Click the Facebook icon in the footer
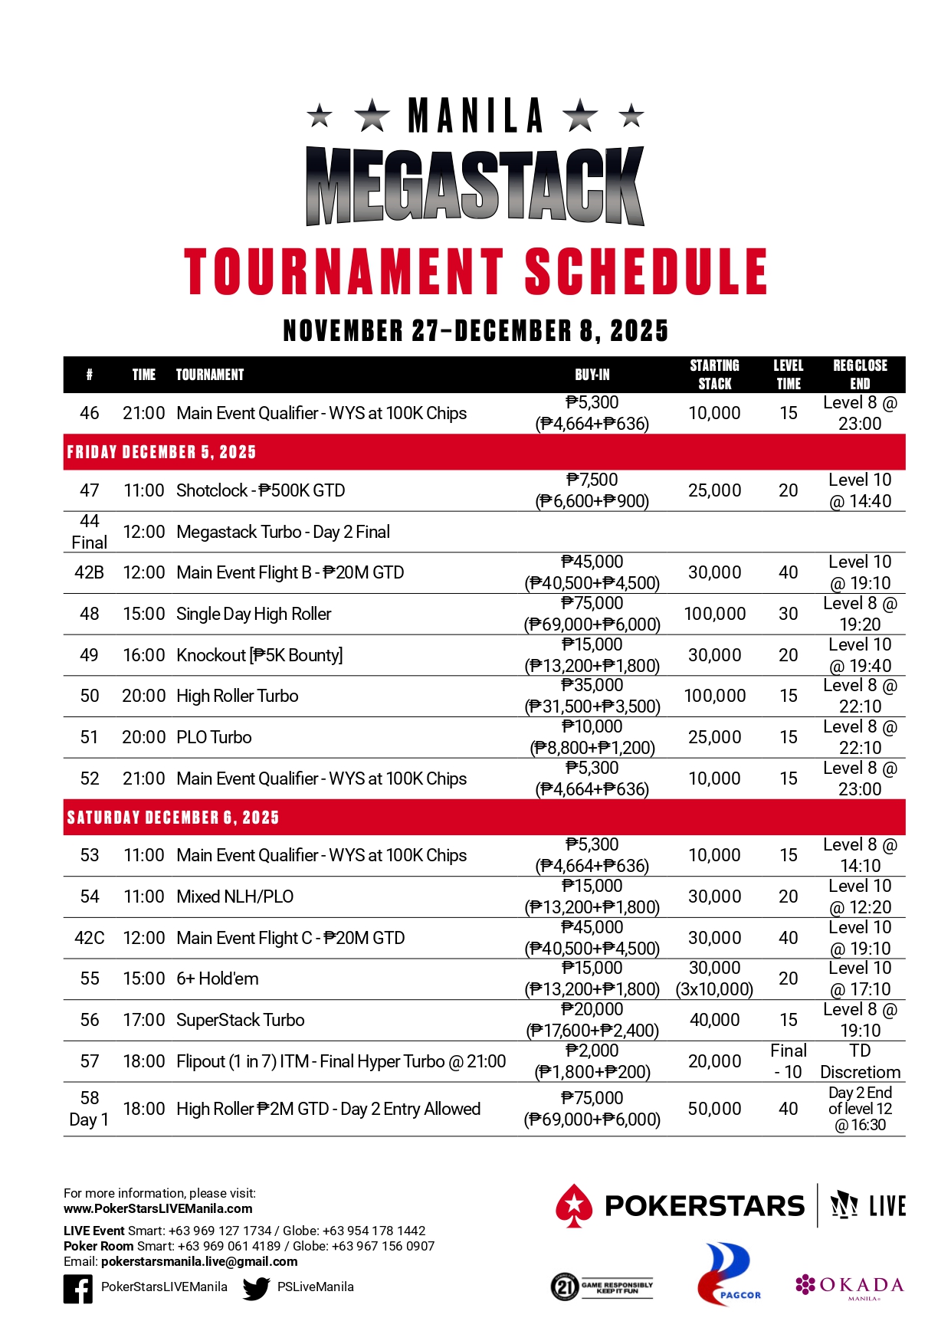78,1289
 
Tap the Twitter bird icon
256,1289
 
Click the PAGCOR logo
724,1274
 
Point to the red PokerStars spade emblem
574,1205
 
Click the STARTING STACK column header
714,375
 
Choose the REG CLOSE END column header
860,375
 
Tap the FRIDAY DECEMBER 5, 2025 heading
162,452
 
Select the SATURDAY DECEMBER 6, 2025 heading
173,818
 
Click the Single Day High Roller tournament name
254,614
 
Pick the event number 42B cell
90,572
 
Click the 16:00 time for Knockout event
144,655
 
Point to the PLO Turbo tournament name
214,737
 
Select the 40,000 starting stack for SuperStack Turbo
714,1020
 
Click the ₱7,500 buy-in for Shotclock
592,480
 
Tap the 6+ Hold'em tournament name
218,978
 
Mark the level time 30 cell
788,614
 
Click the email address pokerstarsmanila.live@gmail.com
199,1261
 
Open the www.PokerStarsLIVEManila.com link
158,1208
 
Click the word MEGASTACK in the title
475,186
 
